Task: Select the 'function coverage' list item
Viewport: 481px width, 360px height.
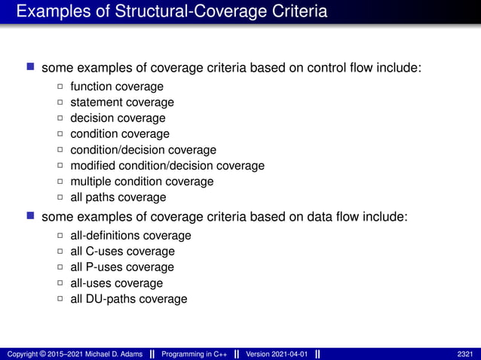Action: point(116,87)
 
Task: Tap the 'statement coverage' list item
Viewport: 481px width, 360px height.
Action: point(121,102)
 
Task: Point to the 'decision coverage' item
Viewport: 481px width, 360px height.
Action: point(118,118)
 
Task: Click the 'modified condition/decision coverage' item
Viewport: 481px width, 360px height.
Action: point(167,166)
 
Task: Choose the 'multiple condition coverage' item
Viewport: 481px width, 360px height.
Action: point(142,182)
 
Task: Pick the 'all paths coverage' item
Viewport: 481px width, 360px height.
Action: point(118,197)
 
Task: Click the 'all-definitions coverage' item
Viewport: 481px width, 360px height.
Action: point(130,236)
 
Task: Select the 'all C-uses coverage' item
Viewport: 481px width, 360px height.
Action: point(122,252)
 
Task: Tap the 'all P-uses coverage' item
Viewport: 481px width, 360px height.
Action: point(122,267)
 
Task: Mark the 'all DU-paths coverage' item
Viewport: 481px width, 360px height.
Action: point(128,299)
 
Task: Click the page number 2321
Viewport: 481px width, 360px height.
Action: point(466,353)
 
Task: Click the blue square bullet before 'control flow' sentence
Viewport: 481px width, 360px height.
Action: point(31,68)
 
